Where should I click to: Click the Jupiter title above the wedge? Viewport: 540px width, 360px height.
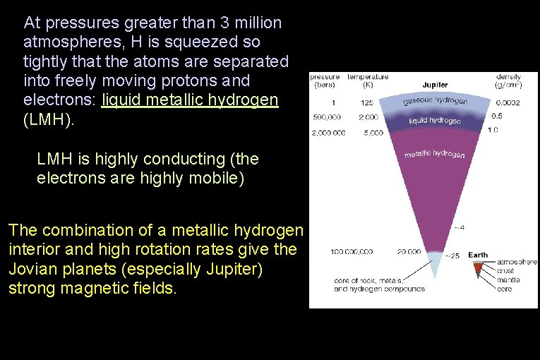[435, 85]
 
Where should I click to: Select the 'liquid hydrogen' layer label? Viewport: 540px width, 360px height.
[435, 121]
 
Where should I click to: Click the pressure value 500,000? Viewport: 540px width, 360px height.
[326, 117]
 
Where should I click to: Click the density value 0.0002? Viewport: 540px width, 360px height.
[508, 103]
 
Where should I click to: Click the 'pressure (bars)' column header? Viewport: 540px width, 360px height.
[325, 80]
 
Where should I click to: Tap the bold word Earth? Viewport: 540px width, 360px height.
[478, 255]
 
